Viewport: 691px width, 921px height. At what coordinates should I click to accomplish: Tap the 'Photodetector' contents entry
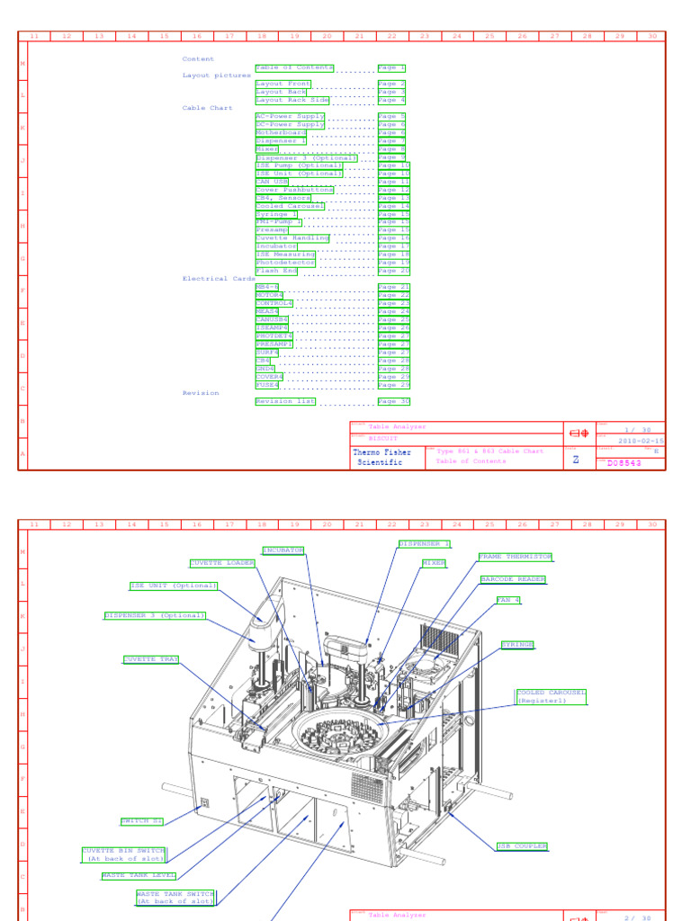285,263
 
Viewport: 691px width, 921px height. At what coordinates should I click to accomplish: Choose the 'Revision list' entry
285,401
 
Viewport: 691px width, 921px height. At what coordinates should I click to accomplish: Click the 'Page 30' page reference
393,401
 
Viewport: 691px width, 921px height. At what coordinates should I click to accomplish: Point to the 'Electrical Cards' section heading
219,279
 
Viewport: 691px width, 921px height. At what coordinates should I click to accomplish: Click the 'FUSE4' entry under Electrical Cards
267,385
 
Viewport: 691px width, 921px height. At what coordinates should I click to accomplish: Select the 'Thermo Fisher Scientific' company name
382,457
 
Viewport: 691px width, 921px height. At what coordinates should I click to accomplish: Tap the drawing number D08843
624,463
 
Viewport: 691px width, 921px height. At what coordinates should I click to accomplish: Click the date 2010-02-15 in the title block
640,441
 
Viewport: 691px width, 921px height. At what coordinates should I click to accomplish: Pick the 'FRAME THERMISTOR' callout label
516,557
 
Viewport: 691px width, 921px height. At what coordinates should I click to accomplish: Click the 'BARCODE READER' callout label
513,579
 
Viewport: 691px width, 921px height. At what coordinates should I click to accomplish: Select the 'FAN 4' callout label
508,600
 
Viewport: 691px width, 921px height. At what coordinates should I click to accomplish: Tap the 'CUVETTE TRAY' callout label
151,659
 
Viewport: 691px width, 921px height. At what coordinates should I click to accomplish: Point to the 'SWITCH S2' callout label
142,821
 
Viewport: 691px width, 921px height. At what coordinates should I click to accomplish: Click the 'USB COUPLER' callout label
522,846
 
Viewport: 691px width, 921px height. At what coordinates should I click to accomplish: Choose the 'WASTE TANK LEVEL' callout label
139,875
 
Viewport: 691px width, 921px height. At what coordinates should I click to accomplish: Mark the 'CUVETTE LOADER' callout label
222,563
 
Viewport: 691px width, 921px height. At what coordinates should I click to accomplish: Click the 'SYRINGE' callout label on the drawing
517,645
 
